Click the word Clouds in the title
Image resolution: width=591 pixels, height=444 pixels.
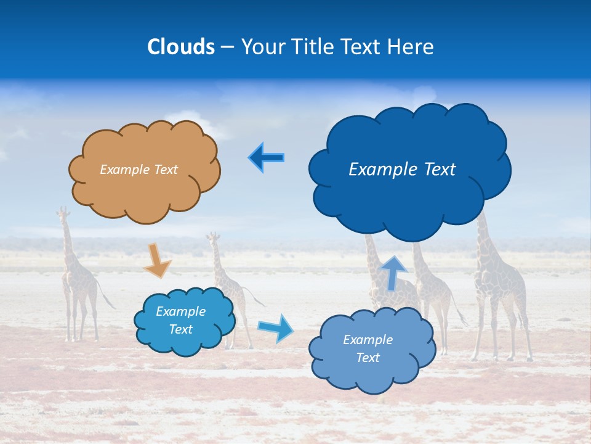180,47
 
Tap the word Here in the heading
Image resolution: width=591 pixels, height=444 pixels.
410,47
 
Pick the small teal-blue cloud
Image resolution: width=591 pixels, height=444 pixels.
185,342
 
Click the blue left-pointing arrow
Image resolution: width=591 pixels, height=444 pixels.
266,157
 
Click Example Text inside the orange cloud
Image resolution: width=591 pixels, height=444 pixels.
139,170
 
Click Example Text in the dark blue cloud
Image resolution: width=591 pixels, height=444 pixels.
402,170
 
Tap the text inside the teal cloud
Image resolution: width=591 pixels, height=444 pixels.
181,321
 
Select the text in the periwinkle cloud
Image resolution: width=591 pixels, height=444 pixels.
368,348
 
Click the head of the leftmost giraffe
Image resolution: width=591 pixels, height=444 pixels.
62,213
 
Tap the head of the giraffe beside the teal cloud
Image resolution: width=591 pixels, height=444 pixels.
213,237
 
